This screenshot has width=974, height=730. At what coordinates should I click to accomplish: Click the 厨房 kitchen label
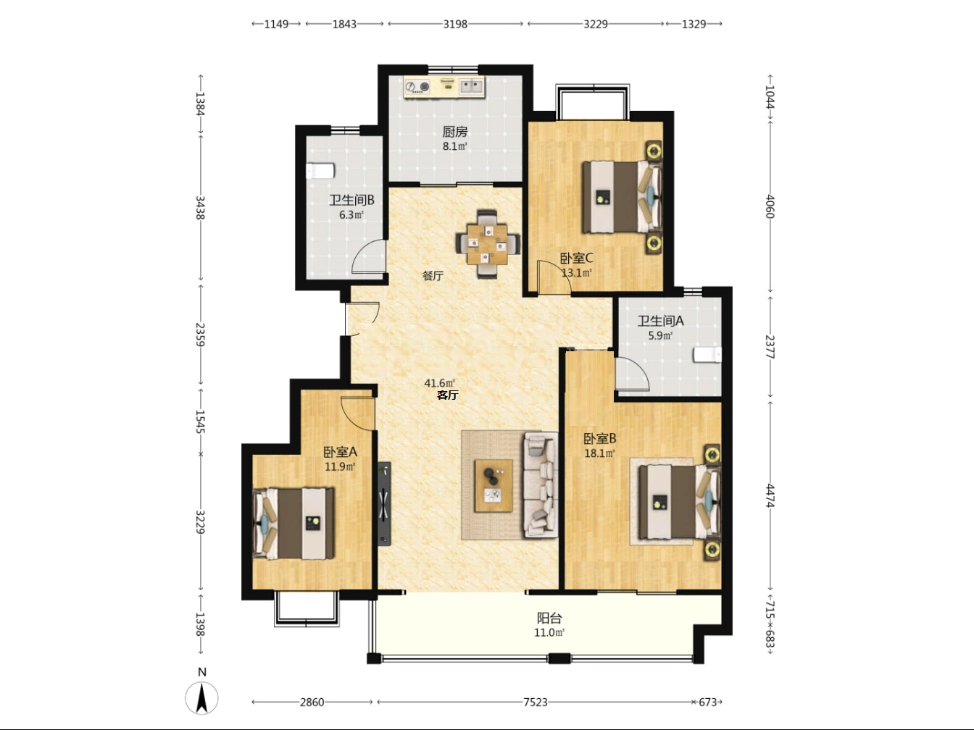pyautogui.click(x=455, y=132)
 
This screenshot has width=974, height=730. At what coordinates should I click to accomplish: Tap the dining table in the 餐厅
pyautogui.click(x=487, y=244)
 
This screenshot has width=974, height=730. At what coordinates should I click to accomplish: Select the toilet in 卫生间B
pyautogui.click(x=320, y=171)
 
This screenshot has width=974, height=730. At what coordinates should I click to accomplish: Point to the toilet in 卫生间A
pyautogui.click(x=707, y=355)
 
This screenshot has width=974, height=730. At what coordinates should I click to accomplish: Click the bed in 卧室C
pyautogui.click(x=622, y=196)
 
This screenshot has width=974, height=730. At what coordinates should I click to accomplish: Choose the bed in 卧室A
pyautogui.click(x=293, y=524)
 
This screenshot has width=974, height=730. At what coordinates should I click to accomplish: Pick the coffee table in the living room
pyautogui.click(x=494, y=486)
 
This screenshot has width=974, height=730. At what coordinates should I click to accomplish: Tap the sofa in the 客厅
pyautogui.click(x=541, y=485)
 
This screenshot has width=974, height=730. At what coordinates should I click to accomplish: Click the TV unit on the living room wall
pyautogui.click(x=384, y=503)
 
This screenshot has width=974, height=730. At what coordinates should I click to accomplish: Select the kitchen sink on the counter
pyautogui.click(x=471, y=86)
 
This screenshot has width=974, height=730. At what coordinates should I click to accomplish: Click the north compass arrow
pyautogui.click(x=202, y=698)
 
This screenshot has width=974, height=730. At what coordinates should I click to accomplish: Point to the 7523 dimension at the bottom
pyautogui.click(x=535, y=702)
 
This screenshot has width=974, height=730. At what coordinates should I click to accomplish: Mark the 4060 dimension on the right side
pyautogui.click(x=770, y=206)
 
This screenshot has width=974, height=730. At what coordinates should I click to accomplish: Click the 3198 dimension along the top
pyautogui.click(x=455, y=24)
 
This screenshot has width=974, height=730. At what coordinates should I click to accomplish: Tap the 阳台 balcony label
pyautogui.click(x=549, y=618)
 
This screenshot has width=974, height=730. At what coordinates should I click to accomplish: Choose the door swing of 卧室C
pyautogui.click(x=554, y=277)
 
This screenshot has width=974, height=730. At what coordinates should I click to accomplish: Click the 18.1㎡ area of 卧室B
pyautogui.click(x=599, y=453)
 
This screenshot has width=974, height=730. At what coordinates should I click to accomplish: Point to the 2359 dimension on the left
pyautogui.click(x=201, y=335)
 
